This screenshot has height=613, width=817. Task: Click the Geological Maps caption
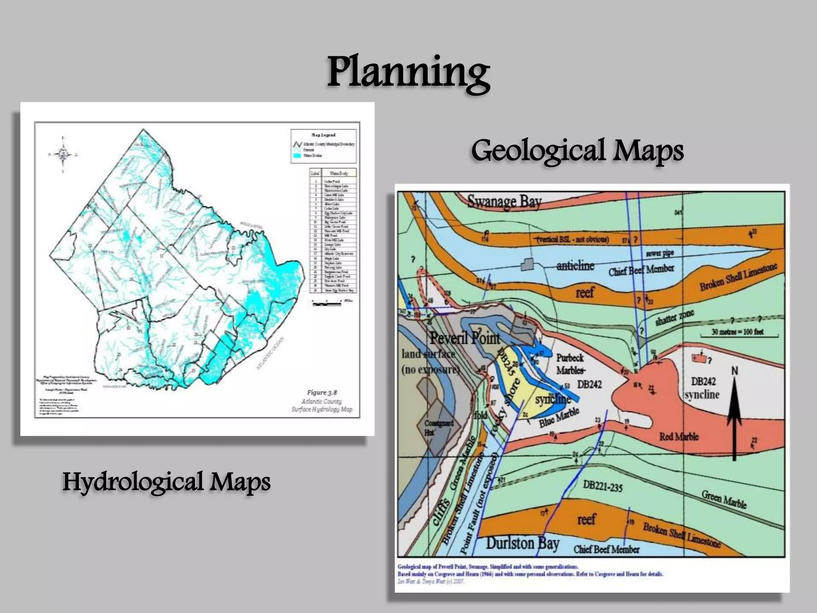[577, 151]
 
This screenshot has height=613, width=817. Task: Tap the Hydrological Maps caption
[166, 482]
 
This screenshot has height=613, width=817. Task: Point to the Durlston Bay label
[522, 544]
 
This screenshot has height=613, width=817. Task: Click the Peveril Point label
[464, 338]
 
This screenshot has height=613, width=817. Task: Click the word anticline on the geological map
[575, 266]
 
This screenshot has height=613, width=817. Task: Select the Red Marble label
[679, 437]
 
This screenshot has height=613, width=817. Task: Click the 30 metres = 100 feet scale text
[737, 332]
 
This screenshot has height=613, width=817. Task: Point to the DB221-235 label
[602, 486]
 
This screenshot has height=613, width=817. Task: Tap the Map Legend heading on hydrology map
[323, 135]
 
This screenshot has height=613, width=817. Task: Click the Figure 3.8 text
[322, 393]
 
